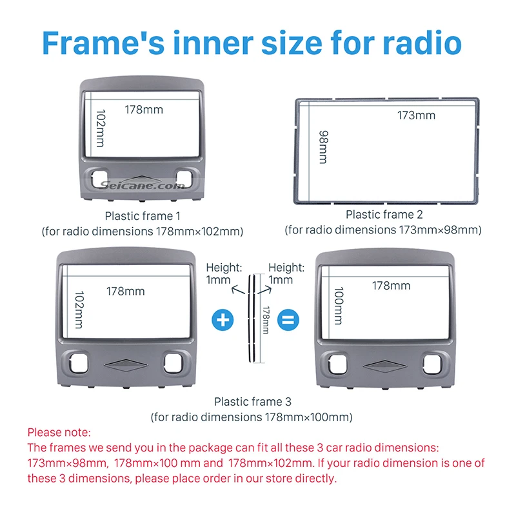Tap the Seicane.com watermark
click(x=143, y=186)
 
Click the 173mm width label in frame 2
click(x=416, y=115)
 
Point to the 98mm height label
click(x=322, y=146)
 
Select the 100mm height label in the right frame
click(x=338, y=306)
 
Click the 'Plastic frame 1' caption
click(x=139, y=216)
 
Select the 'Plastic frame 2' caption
click(x=384, y=214)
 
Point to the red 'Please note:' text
click(x=59, y=432)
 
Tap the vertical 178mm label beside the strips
click(x=265, y=319)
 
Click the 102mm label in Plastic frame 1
click(x=100, y=128)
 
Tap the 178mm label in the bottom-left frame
click(x=126, y=291)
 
